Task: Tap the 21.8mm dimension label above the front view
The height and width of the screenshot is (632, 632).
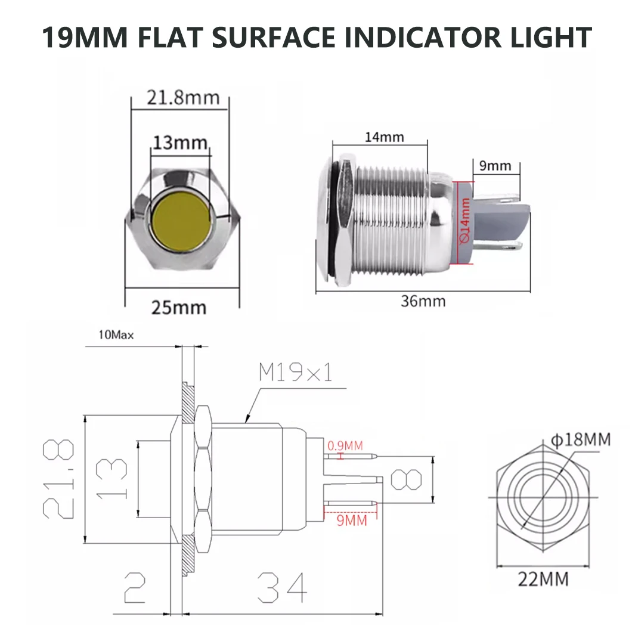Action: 179,97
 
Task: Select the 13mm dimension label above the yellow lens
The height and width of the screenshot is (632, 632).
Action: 180,143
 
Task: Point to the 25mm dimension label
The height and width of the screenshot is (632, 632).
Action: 178,308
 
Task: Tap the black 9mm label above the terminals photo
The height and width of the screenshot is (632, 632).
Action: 495,166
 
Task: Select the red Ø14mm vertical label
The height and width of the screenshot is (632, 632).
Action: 465,221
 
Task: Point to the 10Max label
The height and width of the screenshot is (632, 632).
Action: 116,335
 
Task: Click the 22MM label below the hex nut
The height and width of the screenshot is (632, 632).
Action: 543,578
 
